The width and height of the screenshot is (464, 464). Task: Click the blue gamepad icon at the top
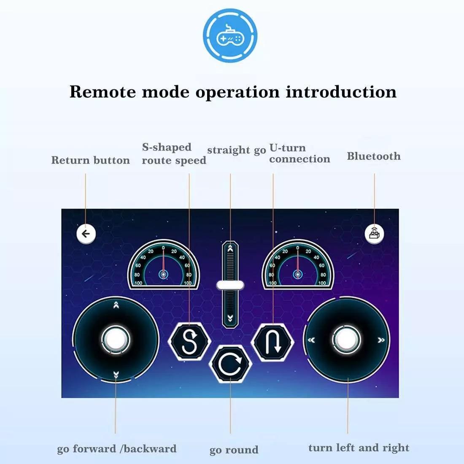[230, 35]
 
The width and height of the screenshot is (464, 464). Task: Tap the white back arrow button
[86, 234]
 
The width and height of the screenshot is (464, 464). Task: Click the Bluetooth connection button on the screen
[374, 234]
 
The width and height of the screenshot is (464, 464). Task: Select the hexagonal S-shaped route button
[189, 342]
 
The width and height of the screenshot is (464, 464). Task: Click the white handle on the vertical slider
[230, 285]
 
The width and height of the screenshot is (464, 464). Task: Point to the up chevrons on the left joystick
[116, 305]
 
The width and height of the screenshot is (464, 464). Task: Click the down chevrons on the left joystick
[116, 375]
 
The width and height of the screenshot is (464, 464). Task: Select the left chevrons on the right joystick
[311, 340]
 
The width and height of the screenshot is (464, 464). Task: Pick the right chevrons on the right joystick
[381, 340]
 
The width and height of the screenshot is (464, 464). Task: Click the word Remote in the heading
[103, 92]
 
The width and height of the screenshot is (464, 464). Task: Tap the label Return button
[91, 160]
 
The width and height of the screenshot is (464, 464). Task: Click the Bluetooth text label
[374, 156]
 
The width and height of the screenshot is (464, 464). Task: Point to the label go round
[234, 450]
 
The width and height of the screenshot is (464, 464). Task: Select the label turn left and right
[359, 448]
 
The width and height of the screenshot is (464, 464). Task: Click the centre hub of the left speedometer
[163, 275]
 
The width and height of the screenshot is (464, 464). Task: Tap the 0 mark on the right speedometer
[298, 248]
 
